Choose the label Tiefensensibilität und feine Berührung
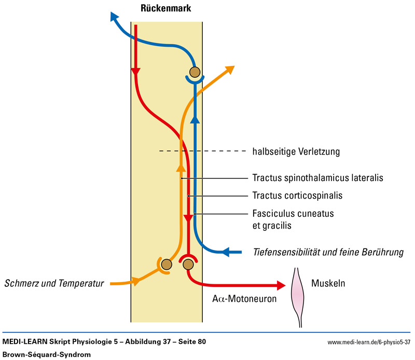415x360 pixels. (328, 253)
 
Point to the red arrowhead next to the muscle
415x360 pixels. (282, 285)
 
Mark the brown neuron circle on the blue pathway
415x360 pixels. (195, 72)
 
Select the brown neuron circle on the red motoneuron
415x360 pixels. (188, 265)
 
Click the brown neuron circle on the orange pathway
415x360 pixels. (166, 265)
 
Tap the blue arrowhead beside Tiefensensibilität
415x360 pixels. (226, 253)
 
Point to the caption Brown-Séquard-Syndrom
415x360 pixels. (45, 354)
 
